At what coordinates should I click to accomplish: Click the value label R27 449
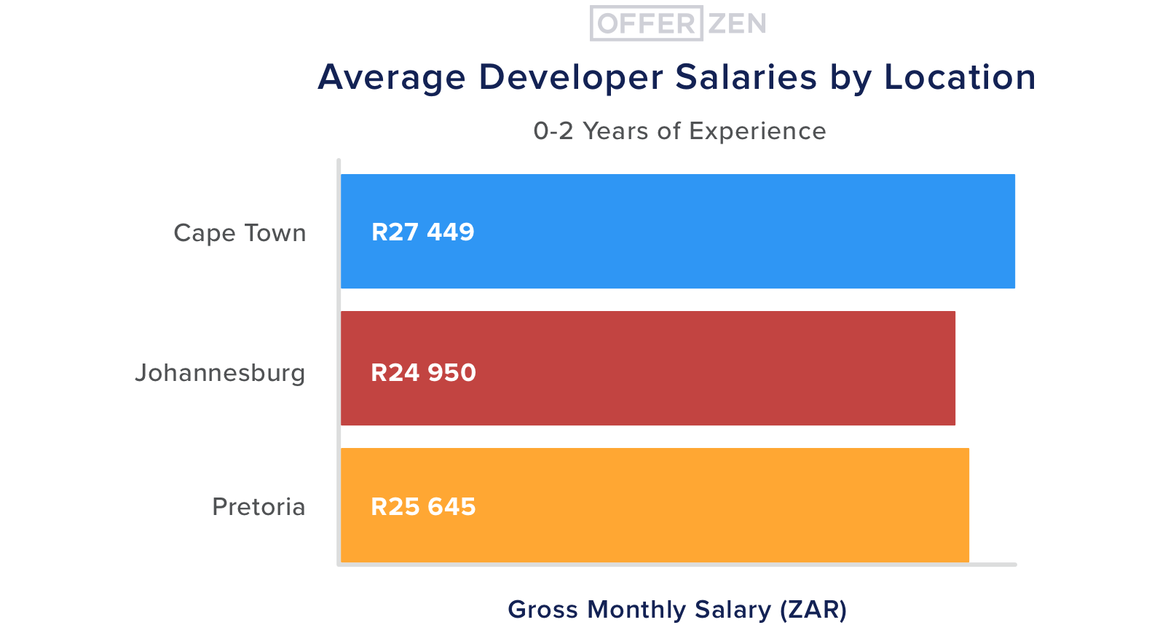[x=422, y=232]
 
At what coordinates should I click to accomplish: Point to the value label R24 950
[x=423, y=372]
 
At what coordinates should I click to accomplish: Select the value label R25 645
[x=423, y=506]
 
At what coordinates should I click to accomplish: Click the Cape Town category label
[x=240, y=233]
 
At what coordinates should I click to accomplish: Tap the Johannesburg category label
[x=220, y=373]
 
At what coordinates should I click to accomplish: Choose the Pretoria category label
[x=259, y=506]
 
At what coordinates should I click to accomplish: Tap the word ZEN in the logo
[x=737, y=24]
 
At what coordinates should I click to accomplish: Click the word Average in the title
[x=392, y=77]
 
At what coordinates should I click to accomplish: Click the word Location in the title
[x=960, y=77]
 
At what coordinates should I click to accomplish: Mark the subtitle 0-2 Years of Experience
[x=679, y=131]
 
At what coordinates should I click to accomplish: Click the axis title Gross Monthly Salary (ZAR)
[x=677, y=609]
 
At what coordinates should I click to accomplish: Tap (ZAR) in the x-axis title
[x=813, y=609]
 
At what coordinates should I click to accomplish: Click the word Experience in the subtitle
[x=757, y=131]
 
